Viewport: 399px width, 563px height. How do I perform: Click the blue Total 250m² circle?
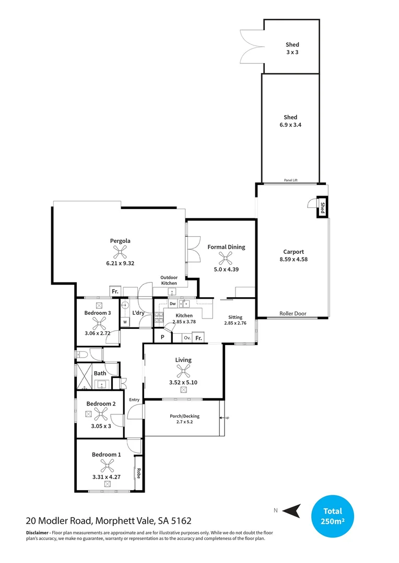(332, 516)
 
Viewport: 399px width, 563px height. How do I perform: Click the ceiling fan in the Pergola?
(121, 253)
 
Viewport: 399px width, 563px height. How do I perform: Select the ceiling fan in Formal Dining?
(226, 258)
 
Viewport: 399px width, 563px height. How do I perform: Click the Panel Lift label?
(291, 180)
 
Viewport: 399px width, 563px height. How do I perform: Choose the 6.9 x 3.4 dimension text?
(290, 125)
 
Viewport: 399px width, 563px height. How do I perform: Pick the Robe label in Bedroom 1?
(139, 473)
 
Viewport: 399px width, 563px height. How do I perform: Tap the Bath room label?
(100, 373)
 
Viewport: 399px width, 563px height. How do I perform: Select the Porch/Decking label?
(185, 416)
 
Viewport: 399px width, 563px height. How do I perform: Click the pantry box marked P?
(162, 337)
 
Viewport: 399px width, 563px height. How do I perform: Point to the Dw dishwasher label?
(172, 303)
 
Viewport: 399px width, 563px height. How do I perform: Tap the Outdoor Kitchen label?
(169, 280)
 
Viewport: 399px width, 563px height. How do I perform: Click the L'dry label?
(138, 313)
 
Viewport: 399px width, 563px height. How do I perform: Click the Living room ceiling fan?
(183, 371)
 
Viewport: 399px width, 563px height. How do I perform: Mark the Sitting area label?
(235, 317)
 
